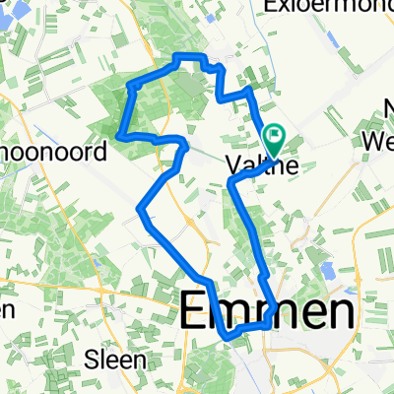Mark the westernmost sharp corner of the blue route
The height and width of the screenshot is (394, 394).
[x=118, y=134]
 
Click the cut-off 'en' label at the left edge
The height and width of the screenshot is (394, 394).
[x=7, y=309]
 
